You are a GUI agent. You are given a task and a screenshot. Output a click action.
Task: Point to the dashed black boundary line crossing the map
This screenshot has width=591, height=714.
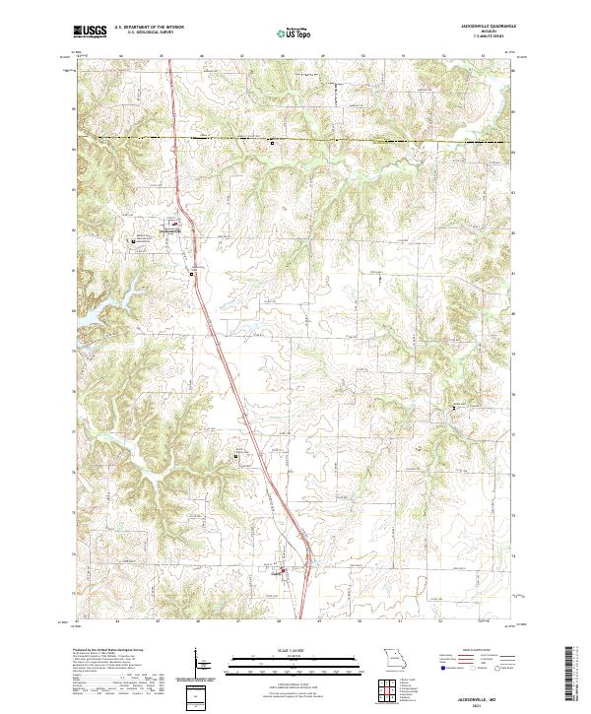click(295, 139)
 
